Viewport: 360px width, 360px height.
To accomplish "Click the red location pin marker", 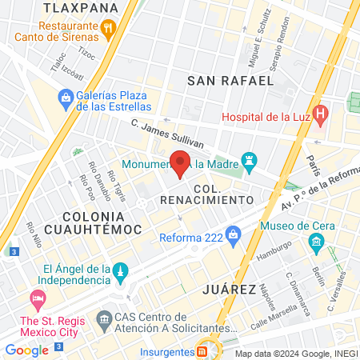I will click(x=181, y=162).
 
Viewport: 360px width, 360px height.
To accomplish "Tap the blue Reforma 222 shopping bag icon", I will click(x=234, y=235).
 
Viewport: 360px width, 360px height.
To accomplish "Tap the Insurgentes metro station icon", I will click(x=202, y=350).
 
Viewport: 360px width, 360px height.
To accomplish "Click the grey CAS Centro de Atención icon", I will click(x=104, y=322).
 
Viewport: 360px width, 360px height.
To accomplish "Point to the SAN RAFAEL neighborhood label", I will click(x=230, y=80).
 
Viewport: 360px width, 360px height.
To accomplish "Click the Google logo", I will click(x=26, y=350).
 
